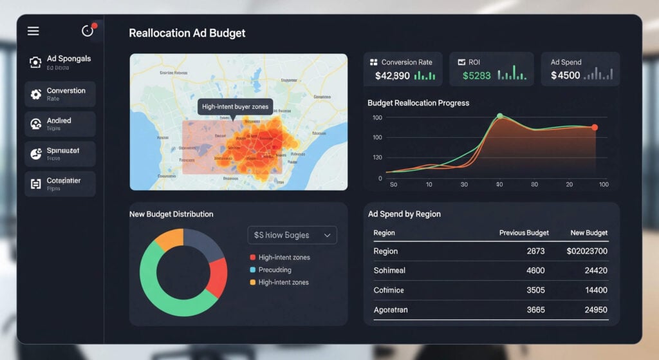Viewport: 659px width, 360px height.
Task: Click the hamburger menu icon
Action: (x=33, y=31)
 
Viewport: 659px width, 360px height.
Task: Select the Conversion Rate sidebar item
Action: (x=60, y=94)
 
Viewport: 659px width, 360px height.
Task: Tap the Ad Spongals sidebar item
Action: (x=60, y=62)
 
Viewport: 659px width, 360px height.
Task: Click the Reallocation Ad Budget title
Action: (x=187, y=33)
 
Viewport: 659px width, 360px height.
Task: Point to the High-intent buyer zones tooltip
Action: (x=236, y=106)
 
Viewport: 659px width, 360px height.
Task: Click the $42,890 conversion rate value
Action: (x=392, y=75)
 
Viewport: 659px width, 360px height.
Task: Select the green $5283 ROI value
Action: (x=476, y=75)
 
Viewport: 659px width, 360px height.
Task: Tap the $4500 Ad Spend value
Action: (x=565, y=75)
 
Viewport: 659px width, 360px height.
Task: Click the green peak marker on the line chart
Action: (x=499, y=116)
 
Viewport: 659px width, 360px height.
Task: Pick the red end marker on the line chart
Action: (x=595, y=128)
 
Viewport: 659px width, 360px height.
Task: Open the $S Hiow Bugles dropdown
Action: (x=292, y=235)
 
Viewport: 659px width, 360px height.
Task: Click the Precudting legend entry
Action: (x=274, y=270)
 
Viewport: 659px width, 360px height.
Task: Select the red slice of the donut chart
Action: (x=218, y=277)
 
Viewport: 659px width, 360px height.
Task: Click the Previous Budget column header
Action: (x=524, y=232)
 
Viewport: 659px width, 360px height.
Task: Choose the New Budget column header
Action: (x=589, y=232)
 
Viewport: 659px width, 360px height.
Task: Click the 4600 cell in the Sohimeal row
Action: (x=535, y=270)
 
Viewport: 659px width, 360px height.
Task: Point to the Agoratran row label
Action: (x=390, y=310)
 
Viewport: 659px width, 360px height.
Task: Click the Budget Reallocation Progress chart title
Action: (x=418, y=103)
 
